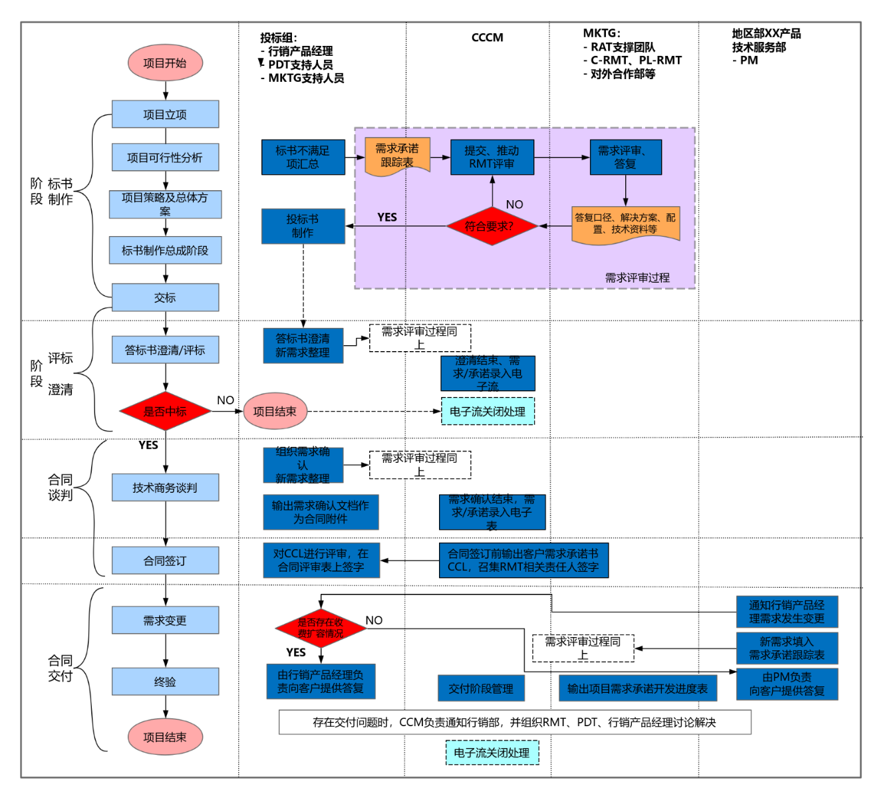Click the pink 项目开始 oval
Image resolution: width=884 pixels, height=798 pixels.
point(165,63)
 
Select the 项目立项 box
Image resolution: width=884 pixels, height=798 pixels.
point(165,114)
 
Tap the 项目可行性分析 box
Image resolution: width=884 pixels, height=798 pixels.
point(165,158)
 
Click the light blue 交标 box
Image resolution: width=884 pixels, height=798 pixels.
point(165,297)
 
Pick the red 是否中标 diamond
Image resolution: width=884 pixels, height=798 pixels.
point(165,411)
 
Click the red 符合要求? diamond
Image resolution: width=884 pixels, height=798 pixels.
point(491,226)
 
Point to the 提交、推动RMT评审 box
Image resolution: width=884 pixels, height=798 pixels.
point(492,158)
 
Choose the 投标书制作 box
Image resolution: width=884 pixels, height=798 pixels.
point(303,226)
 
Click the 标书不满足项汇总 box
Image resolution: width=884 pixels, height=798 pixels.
point(303,158)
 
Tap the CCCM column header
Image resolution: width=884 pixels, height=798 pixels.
point(487,38)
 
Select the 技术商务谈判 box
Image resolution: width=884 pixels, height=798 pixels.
point(165,487)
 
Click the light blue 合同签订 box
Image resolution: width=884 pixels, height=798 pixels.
point(165,561)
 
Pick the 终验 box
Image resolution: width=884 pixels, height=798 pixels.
point(165,682)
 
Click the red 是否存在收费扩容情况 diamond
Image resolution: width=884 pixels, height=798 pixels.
point(321,628)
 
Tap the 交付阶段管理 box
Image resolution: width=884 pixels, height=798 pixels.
point(481,688)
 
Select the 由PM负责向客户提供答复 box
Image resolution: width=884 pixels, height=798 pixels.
point(787,684)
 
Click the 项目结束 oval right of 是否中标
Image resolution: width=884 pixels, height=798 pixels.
point(275,412)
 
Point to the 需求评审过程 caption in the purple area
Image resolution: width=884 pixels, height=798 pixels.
point(637,278)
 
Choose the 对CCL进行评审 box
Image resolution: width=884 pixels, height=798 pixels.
point(321,560)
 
